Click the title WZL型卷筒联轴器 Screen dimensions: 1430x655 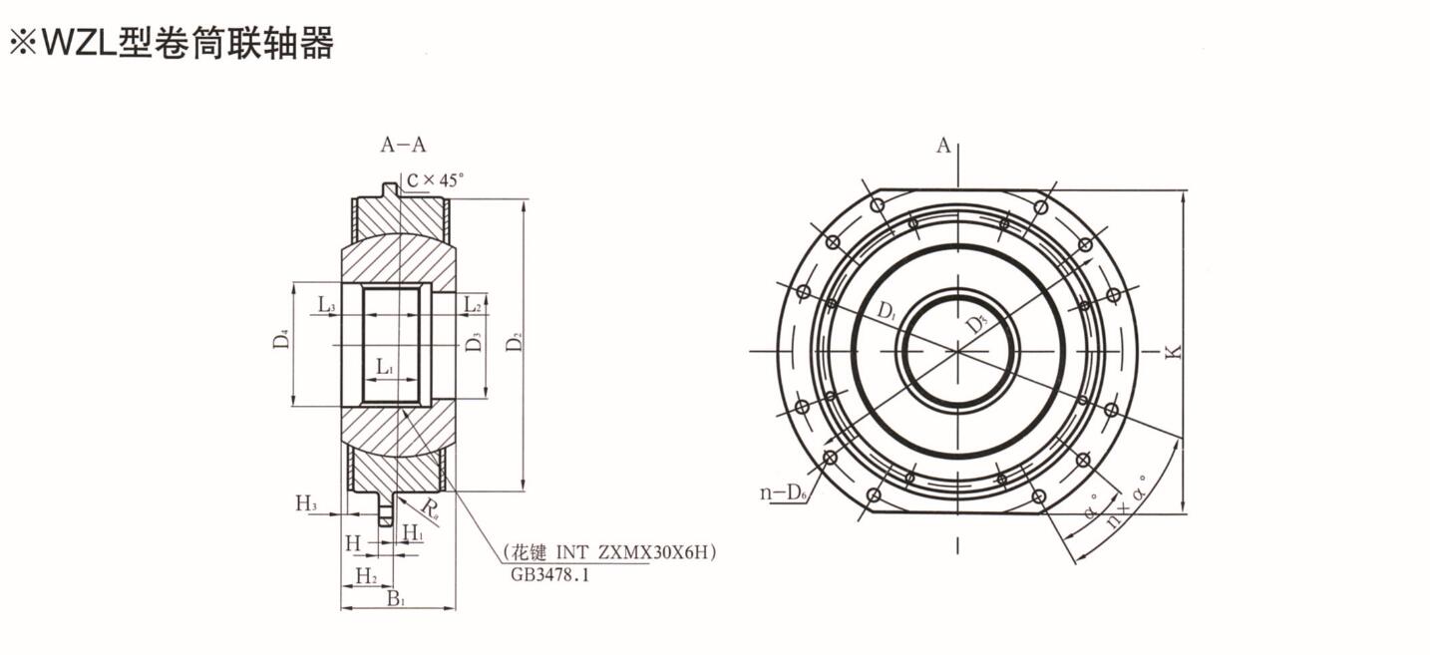point(171,44)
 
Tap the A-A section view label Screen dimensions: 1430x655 point(403,145)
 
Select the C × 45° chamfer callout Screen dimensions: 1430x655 point(436,180)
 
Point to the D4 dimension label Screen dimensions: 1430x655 point(281,338)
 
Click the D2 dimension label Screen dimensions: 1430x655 point(514,342)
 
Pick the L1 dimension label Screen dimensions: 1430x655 point(386,367)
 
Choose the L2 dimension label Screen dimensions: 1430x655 point(472,304)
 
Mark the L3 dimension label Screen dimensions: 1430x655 point(327,304)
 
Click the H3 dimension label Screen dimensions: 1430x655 point(306,503)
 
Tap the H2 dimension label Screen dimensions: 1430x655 point(366,576)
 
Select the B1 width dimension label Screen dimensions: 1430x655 point(396,599)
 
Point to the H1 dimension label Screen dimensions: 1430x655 point(413,531)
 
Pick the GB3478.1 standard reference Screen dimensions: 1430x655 point(549,575)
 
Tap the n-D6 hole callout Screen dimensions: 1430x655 point(783,492)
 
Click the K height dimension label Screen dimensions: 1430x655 point(1173,352)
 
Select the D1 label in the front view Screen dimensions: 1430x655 point(887,311)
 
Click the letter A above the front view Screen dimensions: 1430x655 point(943,146)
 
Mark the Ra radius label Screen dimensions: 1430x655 point(430,508)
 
